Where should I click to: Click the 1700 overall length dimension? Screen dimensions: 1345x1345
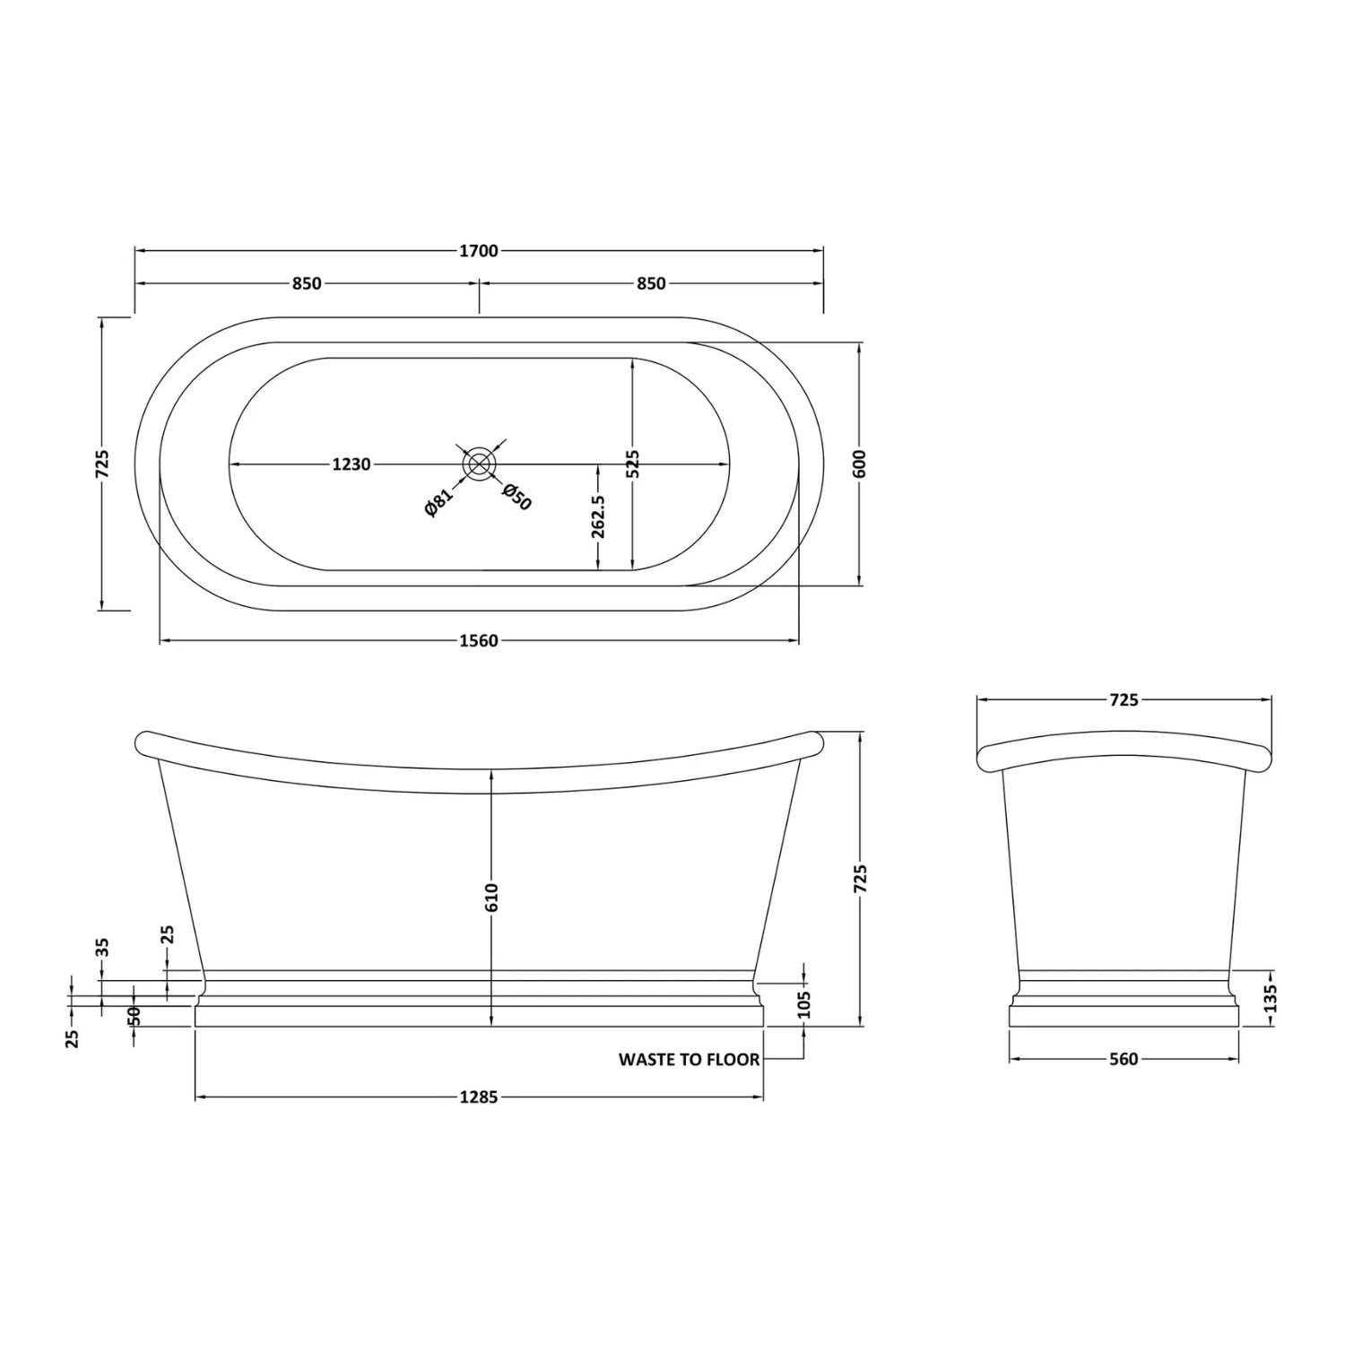coord(478,251)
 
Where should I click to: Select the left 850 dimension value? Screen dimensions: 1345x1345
coord(306,283)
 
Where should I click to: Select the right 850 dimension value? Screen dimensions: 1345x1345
coord(651,283)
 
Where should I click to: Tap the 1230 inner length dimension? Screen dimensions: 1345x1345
coord(351,464)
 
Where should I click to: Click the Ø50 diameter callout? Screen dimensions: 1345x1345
coord(517,497)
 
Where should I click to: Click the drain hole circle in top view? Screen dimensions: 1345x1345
coord(479,464)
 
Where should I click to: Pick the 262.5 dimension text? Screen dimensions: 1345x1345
coord(599,516)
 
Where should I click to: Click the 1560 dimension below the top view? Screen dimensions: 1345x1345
coord(478,640)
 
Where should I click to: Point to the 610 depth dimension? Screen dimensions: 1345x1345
coord(491,897)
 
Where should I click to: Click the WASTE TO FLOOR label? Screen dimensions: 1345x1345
coord(689,1060)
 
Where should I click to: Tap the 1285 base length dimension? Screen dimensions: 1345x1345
coord(478,1097)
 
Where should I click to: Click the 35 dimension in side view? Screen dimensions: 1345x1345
coord(102,948)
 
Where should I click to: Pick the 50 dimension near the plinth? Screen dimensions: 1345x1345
coord(134,1016)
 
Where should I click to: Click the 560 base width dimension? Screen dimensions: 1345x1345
coord(1123,1060)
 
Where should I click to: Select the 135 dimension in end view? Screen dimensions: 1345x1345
coord(1270,998)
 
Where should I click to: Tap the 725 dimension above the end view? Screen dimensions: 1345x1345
coord(1123,699)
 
